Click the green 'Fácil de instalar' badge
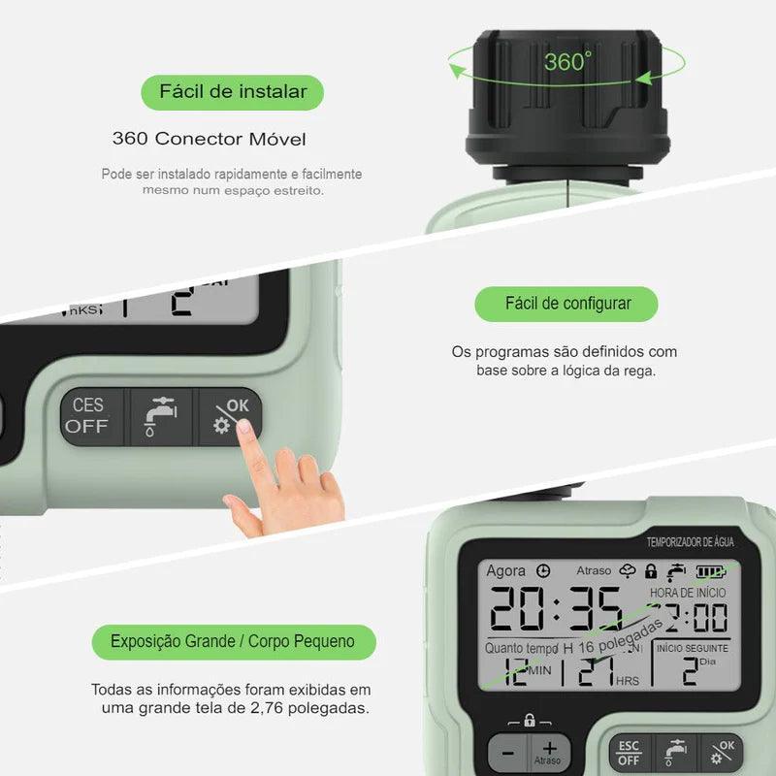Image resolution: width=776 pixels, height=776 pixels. tap(233, 92)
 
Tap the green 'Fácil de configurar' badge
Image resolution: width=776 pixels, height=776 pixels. tap(567, 304)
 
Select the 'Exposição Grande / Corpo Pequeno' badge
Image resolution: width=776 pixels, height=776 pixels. tap(233, 641)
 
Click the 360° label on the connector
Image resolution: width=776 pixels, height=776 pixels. tap(566, 63)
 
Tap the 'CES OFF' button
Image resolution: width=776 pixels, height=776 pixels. tap(87, 415)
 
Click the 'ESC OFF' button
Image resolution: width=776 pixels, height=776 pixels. tap(629, 753)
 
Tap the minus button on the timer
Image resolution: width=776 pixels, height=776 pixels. tap(506, 754)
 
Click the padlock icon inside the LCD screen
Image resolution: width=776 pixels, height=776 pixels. tap(651, 571)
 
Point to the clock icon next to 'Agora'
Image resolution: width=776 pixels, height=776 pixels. tap(543, 571)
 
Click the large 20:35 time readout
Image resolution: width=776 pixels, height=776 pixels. tap(555, 611)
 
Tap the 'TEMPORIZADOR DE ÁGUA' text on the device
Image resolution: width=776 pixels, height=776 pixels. tap(690, 542)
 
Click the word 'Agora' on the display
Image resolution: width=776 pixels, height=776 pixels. tap(506, 571)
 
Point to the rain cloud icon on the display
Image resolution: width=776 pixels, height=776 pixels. tap(629, 571)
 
